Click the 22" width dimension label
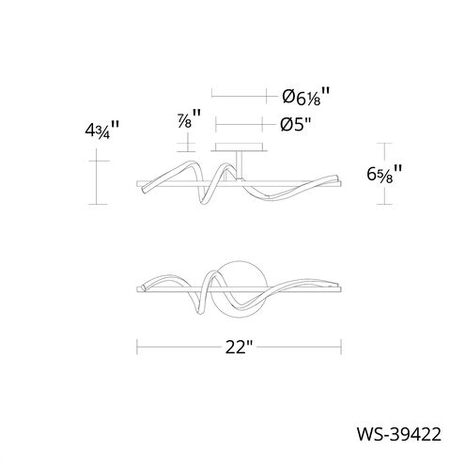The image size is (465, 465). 239,347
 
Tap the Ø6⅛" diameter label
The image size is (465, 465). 306,96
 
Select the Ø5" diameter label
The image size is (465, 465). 296,125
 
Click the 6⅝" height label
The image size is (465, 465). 384,174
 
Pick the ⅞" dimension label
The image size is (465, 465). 189,118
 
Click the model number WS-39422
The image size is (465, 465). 399,434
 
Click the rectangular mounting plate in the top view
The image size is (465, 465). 239,147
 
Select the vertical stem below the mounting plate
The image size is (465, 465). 240,165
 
